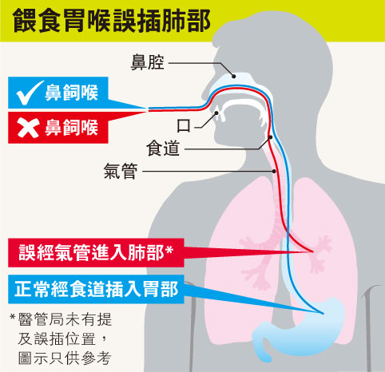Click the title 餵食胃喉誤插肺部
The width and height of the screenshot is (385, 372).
click(x=112, y=21)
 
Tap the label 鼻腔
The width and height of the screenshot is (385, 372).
click(x=147, y=63)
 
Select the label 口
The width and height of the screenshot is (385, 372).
click(x=184, y=126)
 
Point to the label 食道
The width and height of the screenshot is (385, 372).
click(x=163, y=148)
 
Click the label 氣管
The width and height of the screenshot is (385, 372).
click(x=121, y=171)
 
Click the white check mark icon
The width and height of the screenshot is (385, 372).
click(x=29, y=93)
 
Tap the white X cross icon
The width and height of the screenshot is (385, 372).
click(x=28, y=128)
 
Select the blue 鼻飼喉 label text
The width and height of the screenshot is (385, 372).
click(x=71, y=93)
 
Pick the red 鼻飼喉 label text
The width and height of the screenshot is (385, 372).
click(x=71, y=128)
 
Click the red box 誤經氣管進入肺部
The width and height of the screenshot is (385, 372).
click(x=96, y=253)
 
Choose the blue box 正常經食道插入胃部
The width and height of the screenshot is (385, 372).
click(x=96, y=289)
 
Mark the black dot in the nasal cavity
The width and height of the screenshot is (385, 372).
click(x=234, y=77)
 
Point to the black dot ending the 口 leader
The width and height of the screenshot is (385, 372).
click(x=216, y=113)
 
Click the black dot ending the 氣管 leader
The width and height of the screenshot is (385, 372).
click(x=274, y=171)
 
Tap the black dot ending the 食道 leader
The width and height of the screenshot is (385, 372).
click(x=270, y=137)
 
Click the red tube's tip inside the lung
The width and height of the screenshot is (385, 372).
click(x=312, y=251)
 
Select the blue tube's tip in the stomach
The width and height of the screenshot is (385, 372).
click(x=323, y=314)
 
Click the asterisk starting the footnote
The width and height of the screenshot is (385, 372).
click(x=12, y=317)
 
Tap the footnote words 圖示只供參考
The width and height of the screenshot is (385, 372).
click(x=65, y=358)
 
